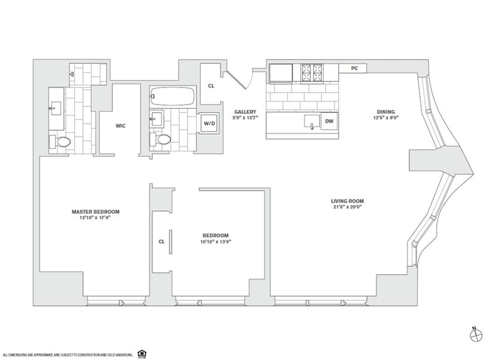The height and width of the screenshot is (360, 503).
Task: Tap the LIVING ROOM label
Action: point(348,201)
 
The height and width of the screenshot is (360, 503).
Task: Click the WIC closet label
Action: point(121,126)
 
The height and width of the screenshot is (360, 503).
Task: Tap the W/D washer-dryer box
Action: point(208,124)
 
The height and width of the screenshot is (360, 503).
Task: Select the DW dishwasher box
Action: point(329,120)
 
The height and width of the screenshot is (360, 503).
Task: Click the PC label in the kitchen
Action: point(355,68)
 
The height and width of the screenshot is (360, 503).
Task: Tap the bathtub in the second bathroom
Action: point(172,98)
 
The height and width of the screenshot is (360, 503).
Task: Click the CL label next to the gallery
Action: point(211,86)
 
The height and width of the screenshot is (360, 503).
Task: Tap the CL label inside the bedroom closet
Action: point(162,241)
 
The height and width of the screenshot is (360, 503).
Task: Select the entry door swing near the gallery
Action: point(240,81)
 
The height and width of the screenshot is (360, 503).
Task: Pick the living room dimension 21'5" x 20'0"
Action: point(348,208)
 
